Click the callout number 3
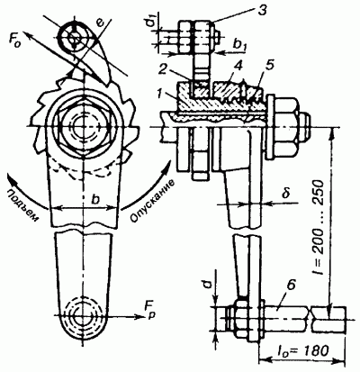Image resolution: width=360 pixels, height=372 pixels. (x=263, y=9)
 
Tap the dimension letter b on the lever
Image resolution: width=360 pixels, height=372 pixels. (x=94, y=199)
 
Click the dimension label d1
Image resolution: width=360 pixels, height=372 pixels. (x=154, y=23)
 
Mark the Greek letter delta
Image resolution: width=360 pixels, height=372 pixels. (x=285, y=193)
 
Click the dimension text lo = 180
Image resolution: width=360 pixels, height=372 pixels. (x=301, y=350)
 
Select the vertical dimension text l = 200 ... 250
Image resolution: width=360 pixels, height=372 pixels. (x=318, y=227)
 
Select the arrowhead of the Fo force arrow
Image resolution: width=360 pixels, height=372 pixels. (x=27, y=33)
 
